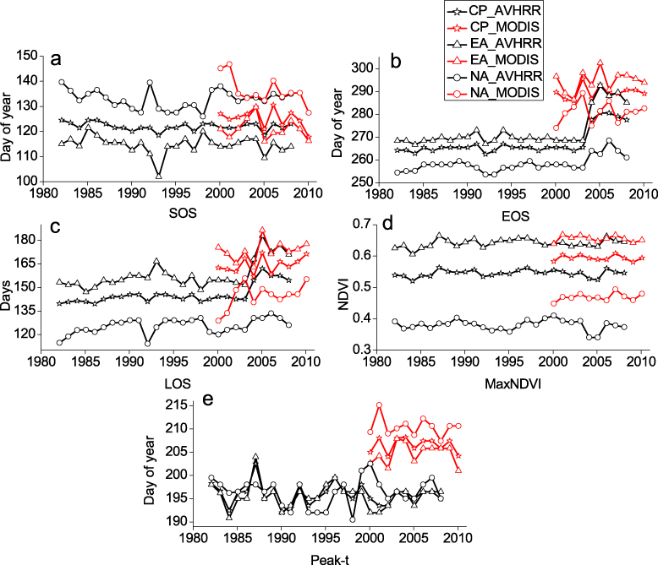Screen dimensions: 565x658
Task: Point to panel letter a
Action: (x=56, y=59)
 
